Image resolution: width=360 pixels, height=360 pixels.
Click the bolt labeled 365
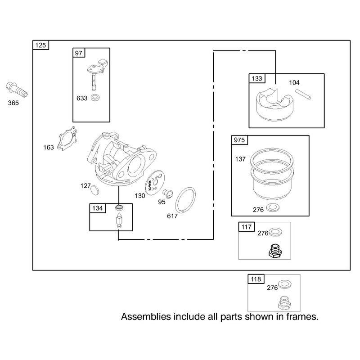click(17, 90)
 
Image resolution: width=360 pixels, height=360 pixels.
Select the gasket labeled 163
click(67, 139)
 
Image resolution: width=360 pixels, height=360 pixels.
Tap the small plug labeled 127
click(94, 190)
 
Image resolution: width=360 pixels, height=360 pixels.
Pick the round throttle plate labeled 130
click(155, 183)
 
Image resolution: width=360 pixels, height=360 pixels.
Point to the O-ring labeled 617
click(185, 200)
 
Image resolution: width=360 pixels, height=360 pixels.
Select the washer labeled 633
click(95, 98)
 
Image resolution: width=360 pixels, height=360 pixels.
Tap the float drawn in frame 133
click(274, 104)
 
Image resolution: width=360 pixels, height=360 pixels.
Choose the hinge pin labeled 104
click(303, 94)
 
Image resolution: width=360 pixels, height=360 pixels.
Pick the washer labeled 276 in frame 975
click(273, 208)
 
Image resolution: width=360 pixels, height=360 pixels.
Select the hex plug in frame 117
click(275, 252)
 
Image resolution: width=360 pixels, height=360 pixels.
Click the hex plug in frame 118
click(284, 303)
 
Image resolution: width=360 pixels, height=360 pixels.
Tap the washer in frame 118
click(285, 284)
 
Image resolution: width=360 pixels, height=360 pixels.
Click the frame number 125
click(40, 45)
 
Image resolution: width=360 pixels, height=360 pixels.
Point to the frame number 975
click(239, 140)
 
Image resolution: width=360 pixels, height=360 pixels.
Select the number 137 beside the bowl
click(240, 159)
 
